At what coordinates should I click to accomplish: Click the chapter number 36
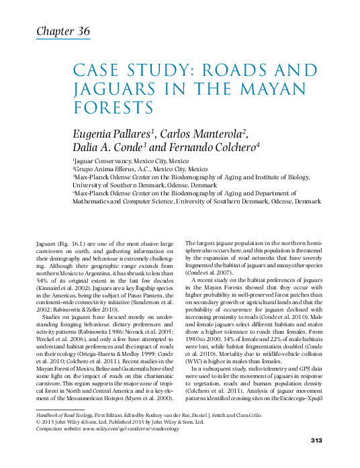(x=81, y=32)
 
